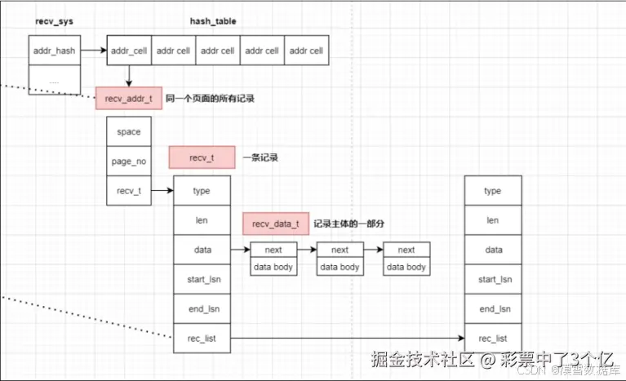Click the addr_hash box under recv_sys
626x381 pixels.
tap(54, 51)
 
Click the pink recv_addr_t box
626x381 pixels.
tap(127, 99)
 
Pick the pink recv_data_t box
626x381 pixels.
tap(275, 224)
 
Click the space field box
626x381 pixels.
tap(128, 131)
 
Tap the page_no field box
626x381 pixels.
tap(128, 161)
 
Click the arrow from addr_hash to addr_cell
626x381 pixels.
tap(94, 51)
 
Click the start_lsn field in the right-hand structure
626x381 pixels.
tap(492, 279)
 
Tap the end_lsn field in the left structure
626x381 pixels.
tap(202, 308)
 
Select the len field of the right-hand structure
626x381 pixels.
tap(492, 220)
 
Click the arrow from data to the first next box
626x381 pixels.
tap(240, 250)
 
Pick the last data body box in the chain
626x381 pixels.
tap(406, 267)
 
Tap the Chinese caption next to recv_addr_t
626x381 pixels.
tap(210, 99)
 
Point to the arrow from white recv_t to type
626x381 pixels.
tap(162, 191)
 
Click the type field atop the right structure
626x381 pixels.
tap(492, 191)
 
